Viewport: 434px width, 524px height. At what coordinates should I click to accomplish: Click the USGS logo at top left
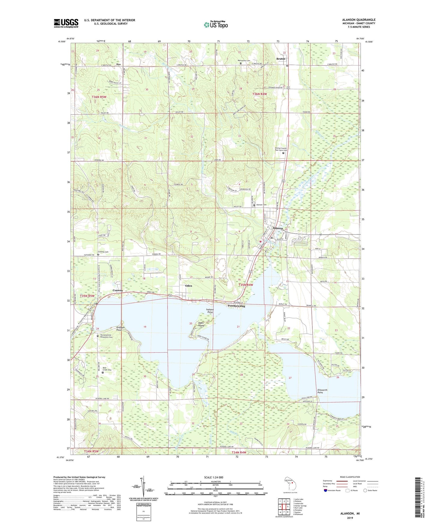(x=66, y=23)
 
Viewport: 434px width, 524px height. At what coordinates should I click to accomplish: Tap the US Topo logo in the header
(x=216, y=25)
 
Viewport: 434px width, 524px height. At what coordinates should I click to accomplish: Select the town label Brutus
(x=281, y=59)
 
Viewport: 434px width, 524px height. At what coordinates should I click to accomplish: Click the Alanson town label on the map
(x=277, y=228)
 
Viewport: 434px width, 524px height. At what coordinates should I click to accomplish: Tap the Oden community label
(x=188, y=286)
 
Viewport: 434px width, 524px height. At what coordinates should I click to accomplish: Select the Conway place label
(x=118, y=291)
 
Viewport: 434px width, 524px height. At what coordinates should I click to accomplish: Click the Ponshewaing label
(x=236, y=306)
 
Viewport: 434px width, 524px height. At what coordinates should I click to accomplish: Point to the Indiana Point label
(x=210, y=311)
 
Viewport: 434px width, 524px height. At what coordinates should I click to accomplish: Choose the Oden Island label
(x=201, y=324)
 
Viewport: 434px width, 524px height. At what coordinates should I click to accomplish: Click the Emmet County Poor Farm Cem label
(x=281, y=149)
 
